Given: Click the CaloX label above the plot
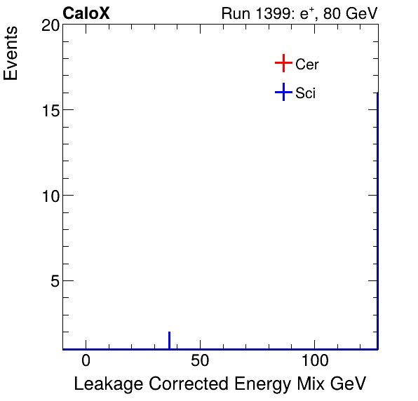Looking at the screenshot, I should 86,13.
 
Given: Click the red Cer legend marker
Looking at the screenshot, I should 283,64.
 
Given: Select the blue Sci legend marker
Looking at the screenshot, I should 283,92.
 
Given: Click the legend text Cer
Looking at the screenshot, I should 307,64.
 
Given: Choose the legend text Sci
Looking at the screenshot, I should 306,93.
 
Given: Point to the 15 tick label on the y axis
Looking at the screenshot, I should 48,110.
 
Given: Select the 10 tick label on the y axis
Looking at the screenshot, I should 48,196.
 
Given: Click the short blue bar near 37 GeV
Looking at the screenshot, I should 169,340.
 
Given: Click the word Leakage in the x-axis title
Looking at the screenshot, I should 105,384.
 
